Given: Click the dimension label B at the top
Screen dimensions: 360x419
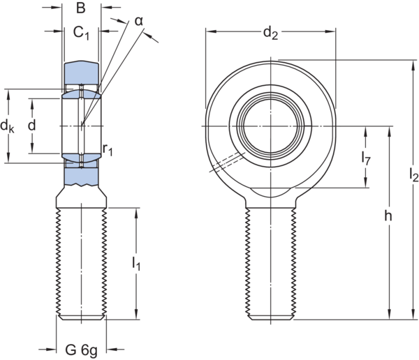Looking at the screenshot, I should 80,8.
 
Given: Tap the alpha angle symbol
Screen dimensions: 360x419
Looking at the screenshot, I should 140,22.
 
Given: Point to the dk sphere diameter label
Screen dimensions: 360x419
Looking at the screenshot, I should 8,126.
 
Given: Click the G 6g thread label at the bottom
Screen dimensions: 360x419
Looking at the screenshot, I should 82,347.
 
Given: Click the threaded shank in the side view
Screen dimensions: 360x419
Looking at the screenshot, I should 82,262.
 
